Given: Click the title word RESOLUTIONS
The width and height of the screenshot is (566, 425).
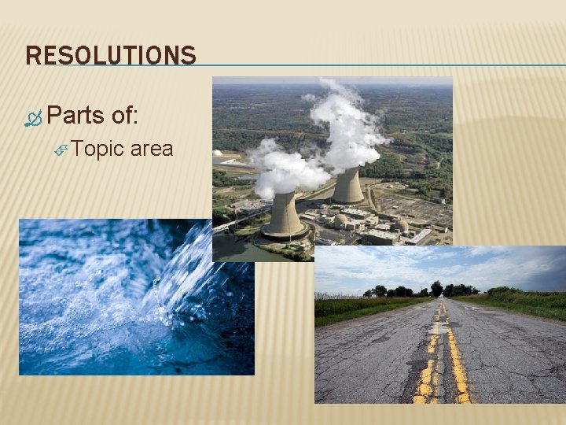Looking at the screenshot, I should pos(111,56).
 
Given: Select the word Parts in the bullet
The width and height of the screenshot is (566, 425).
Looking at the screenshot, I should pos(75,116).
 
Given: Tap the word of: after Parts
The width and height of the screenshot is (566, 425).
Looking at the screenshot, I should pos(125,116).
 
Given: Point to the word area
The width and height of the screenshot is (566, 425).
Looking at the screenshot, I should pos(152,149).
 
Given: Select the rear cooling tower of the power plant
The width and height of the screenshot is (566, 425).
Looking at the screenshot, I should pos(347,187).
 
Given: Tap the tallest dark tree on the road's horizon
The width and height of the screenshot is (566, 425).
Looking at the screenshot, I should pos(436,287).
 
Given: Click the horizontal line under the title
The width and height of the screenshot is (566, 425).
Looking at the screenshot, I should pos(377,65).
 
